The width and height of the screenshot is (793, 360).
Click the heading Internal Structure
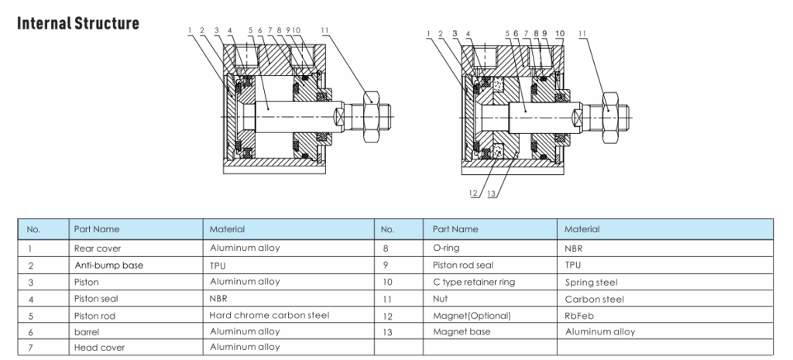click(x=78, y=22)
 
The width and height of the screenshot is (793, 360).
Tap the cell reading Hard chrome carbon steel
click(x=269, y=315)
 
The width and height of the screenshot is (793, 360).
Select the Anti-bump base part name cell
click(x=108, y=265)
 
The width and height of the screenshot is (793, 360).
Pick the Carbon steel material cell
click(x=594, y=299)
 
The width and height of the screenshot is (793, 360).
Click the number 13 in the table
click(x=389, y=332)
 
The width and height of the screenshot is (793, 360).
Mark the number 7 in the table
click(x=29, y=348)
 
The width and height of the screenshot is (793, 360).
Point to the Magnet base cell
click(x=460, y=332)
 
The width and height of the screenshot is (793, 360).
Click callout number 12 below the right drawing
click(x=472, y=193)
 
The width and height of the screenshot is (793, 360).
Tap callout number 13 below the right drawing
click(x=491, y=193)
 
